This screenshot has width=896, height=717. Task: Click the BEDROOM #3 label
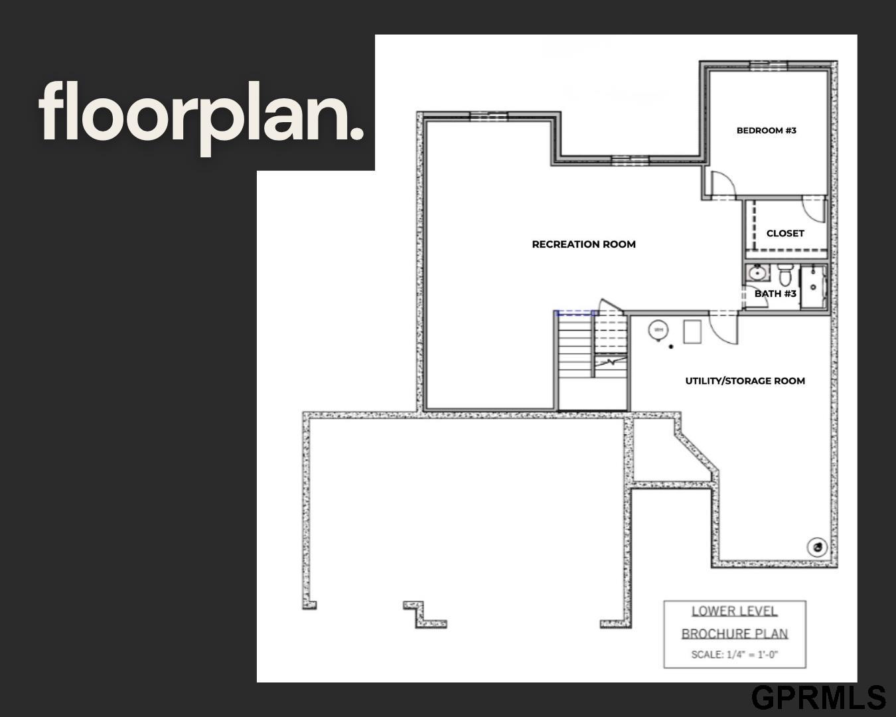point(766,130)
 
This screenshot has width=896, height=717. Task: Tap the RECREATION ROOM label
point(584,244)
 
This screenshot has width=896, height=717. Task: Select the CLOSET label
point(785,233)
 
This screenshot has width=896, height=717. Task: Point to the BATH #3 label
point(775,293)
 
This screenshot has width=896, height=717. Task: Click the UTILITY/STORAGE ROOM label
point(745,381)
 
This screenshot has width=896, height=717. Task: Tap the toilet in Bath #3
point(784,275)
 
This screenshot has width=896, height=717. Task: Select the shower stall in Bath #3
point(813,287)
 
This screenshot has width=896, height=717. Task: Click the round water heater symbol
point(658,331)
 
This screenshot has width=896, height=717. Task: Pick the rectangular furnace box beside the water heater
point(692,332)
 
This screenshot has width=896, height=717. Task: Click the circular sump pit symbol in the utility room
point(817,547)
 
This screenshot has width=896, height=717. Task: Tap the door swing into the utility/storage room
point(723,329)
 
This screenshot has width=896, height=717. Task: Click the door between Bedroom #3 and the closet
point(814,209)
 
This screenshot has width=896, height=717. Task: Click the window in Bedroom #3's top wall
point(769,66)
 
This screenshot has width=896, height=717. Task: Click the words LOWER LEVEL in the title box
point(735,611)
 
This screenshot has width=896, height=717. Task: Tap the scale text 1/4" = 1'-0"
point(752,655)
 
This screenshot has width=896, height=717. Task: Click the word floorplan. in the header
point(201,118)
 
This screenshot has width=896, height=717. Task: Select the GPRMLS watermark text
point(818,698)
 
